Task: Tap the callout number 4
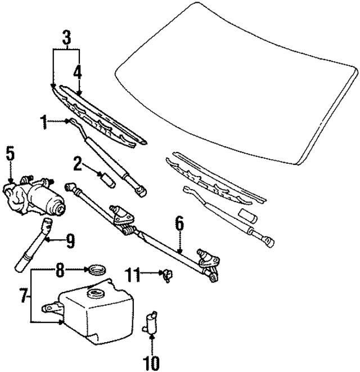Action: pyautogui.click(x=77, y=71)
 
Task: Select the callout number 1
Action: pyautogui.click(x=43, y=120)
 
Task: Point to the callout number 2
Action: pyautogui.click(x=78, y=164)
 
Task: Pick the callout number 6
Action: pyautogui.click(x=179, y=223)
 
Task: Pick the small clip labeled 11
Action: pyautogui.click(x=168, y=275)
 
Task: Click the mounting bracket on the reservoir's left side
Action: pyautogui.click(x=51, y=307)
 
